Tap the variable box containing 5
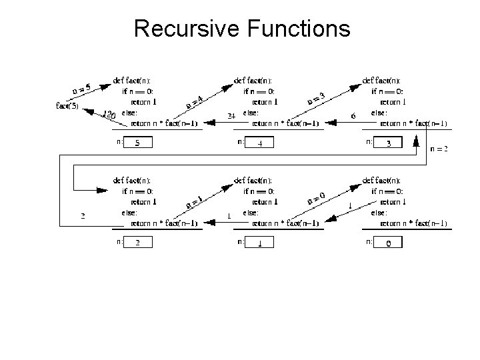[x=138, y=143]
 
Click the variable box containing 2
[x=138, y=243]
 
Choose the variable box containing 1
[x=261, y=243]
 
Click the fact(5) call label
[x=67, y=105]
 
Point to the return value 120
[x=109, y=115]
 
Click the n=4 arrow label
[x=194, y=103]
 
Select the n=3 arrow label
[x=315, y=98]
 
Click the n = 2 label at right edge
[x=439, y=149]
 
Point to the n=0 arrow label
[x=315, y=197]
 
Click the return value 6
[x=353, y=116]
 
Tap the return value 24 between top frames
[x=231, y=116]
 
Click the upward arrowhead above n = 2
[x=416, y=139]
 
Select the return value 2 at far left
[x=83, y=216]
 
